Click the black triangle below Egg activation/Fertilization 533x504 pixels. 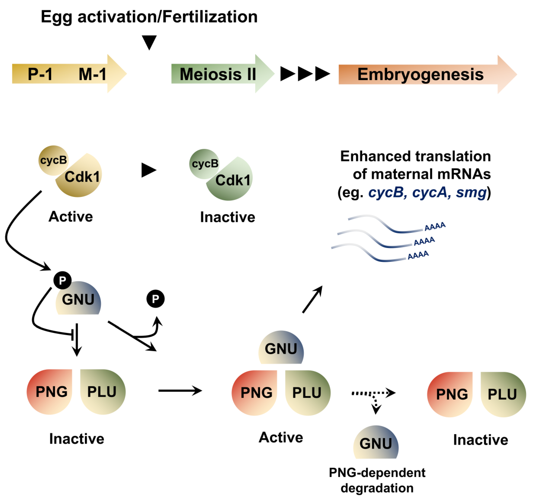click(149, 42)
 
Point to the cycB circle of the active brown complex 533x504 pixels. click(53, 160)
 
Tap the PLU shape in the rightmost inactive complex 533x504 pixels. click(502, 394)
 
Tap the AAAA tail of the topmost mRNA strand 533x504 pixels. click(435, 226)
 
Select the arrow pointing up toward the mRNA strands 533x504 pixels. click(312, 299)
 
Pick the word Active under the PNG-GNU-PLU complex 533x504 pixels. click(281, 437)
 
